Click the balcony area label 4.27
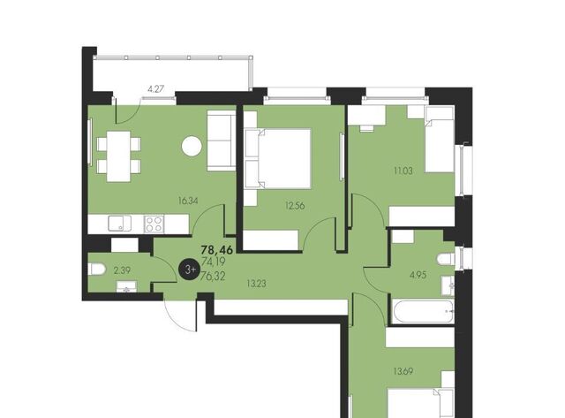pyautogui.click(x=156, y=88)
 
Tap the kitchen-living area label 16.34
pyautogui.click(x=188, y=201)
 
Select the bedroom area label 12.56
pyautogui.click(x=295, y=206)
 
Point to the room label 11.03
pyautogui.click(x=403, y=171)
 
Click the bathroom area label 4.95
pyautogui.click(x=418, y=275)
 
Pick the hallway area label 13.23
pyautogui.click(x=256, y=284)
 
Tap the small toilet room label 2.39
pyautogui.click(x=122, y=270)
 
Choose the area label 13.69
pyautogui.click(x=403, y=371)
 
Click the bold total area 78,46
pyautogui.click(x=217, y=249)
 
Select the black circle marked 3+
pyautogui.click(x=190, y=269)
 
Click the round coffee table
pyautogui.click(x=192, y=146)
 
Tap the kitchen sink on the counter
pyautogui.click(x=120, y=224)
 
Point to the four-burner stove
pyautogui.click(x=154, y=224)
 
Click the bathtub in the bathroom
pyautogui.click(x=422, y=312)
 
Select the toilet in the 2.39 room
pyautogui.click(x=96, y=269)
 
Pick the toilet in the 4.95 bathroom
pyautogui.click(x=446, y=260)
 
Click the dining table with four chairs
pyautogui.click(x=118, y=156)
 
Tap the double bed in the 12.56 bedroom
pyautogui.click(x=277, y=159)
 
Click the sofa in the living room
pyautogui.click(x=221, y=141)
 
